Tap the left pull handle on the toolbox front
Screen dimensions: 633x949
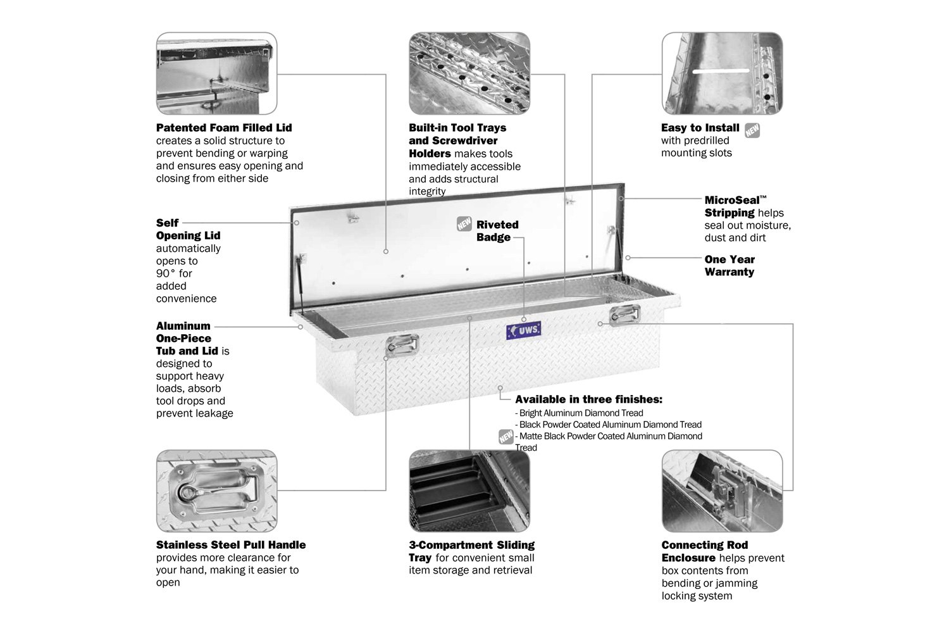click(x=402, y=345)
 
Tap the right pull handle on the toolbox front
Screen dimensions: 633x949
click(x=625, y=314)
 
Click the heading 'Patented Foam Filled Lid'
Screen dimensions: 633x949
click(x=224, y=128)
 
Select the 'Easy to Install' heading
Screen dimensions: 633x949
click(x=700, y=128)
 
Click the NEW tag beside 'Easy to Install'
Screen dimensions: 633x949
click(x=752, y=130)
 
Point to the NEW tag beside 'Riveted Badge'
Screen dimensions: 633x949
click(x=464, y=224)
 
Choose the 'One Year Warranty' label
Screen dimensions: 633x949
click(x=729, y=266)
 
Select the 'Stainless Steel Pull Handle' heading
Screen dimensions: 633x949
click(x=231, y=545)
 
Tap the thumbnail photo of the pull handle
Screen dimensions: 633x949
click(x=216, y=491)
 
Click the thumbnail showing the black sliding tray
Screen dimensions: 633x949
click(x=469, y=491)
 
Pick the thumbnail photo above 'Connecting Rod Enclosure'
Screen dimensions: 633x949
click(x=722, y=491)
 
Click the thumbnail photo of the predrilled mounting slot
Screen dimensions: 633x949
click(x=722, y=73)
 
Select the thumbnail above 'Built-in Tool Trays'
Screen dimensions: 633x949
click(x=469, y=73)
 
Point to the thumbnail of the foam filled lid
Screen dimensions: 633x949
click(x=216, y=73)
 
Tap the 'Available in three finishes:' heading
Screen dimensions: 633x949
click(x=588, y=399)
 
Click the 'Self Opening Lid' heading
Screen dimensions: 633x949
click(x=188, y=229)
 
